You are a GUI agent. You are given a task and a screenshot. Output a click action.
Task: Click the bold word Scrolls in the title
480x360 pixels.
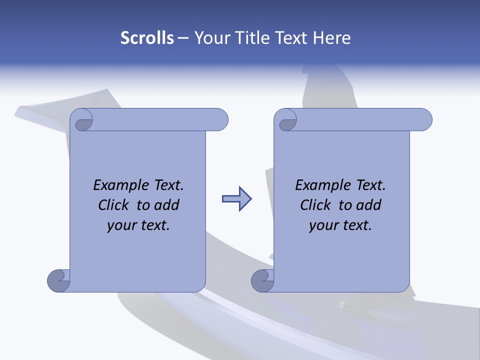click(147, 38)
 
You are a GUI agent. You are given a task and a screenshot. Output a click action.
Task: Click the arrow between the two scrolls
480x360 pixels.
click(236, 199)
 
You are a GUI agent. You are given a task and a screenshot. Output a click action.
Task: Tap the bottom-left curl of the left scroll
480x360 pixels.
click(58, 280)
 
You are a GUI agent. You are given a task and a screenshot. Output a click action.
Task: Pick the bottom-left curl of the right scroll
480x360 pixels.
click(262, 280)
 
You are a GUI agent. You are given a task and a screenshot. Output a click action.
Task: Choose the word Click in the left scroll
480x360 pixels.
click(113, 205)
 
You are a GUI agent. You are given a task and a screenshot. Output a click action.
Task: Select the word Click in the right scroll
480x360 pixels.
click(315, 205)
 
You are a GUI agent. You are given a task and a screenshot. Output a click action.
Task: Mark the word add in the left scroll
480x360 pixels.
click(166, 205)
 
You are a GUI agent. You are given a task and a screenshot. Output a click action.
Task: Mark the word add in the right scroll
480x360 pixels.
click(368, 205)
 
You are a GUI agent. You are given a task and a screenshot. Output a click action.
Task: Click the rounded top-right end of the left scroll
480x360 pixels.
click(219, 120)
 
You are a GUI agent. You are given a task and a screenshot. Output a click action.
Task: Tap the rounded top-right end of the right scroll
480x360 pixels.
click(423, 120)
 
